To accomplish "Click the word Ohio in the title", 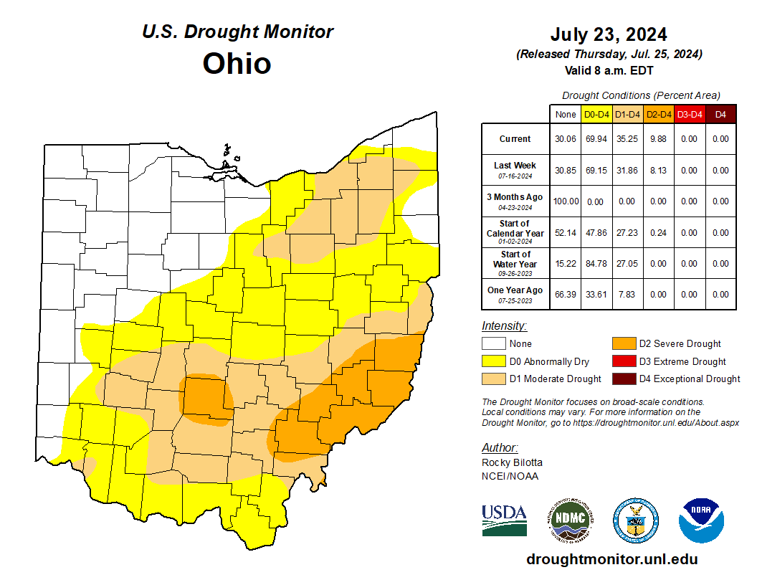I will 237,63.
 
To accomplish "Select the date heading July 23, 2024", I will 609,34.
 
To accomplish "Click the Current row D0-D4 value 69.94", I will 596,139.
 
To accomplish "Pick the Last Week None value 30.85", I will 566,171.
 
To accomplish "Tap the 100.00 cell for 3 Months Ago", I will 566,201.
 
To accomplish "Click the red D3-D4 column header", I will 689,114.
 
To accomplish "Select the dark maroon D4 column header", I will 720,114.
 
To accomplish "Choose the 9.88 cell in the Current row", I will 658,139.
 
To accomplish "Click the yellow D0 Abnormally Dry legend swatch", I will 493,361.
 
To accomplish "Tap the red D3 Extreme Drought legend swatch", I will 624,361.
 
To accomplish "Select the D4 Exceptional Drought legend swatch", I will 624,379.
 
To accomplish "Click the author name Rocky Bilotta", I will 512,462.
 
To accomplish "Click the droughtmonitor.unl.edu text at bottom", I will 611,559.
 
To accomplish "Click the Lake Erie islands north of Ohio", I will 228,171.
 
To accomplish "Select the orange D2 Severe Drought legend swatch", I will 624,344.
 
